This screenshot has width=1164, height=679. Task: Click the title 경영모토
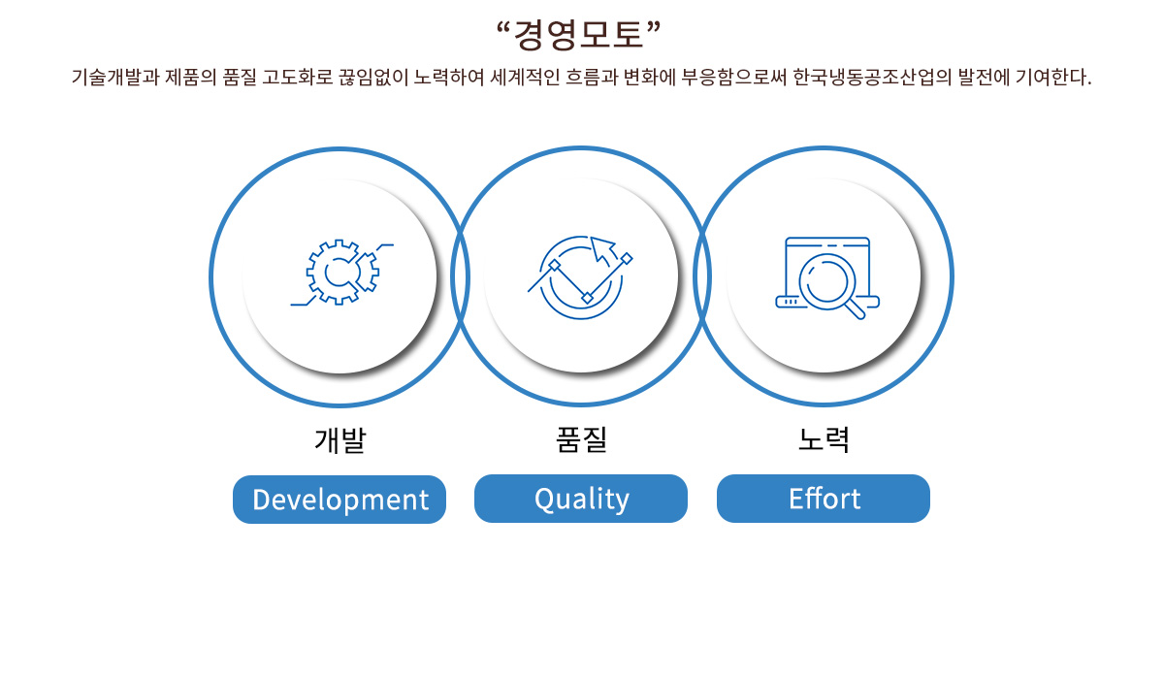click(x=578, y=35)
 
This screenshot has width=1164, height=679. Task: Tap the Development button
click(x=339, y=500)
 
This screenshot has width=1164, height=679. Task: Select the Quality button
click(x=581, y=499)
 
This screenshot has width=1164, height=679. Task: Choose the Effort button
click(x=824, y=499)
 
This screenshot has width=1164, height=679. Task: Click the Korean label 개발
click(x=340, y=440)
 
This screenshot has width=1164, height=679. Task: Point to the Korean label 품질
click(x=581, y=439)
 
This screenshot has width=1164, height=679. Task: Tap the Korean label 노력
click(x=824, y=439)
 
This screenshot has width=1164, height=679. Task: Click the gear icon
click(x=341, y=273)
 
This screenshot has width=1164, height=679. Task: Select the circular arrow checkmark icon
click(x=580, y=277)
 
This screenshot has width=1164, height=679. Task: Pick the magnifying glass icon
click(x=826, y=278)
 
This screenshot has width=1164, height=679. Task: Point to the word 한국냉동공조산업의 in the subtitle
click(x=872, y=77)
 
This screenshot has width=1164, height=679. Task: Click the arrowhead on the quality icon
click(x=600, y=247)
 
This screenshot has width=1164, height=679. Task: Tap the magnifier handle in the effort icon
click(x=855, y=309)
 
